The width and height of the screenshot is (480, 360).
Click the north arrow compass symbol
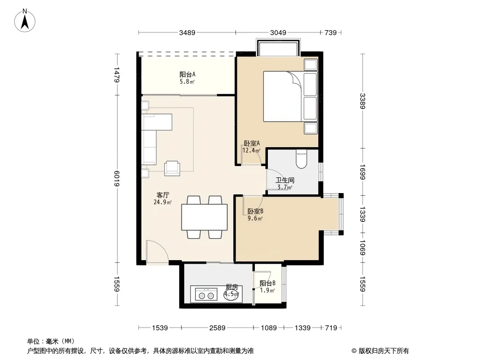pyautogui.click(x=25, y=21)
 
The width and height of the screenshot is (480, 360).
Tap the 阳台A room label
pyautogui.click(x=187, y=74)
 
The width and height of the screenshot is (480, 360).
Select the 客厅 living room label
pyautogui.click(x=163, y=195)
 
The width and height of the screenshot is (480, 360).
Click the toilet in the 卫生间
pyautogui.click(x=302, y=159)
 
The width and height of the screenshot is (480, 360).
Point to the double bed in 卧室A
pyautogui.click(x=290, y=96)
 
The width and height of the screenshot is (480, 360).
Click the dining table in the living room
pyautogui.click(x=204, y=217)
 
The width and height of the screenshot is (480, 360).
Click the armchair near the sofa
pyautogui.click(x=172, y=168)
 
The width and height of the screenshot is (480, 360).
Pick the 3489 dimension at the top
pyautogui.click(x=187, y=32)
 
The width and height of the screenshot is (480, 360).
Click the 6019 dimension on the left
pyautogui.click(x=117, y=178)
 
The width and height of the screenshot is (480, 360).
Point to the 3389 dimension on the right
pyautogui.click(x=362, y=101)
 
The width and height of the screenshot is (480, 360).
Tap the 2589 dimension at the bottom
pyautogui.click(x=217, y=328)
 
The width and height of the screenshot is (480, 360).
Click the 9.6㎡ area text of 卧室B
pyautogui.click(x=255, y=218)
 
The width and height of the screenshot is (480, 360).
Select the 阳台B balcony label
pyautogui.click(x=267, y=283)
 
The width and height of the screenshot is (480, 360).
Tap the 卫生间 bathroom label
pyautogui.click(x=285, y=180)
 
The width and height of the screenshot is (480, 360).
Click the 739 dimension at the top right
pyautogui.click(x=331, y=32)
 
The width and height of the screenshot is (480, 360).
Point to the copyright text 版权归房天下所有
pyautogui.click(x=384, y=351)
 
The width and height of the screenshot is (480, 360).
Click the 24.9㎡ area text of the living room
pyautogui.click(x=163, y=202)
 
